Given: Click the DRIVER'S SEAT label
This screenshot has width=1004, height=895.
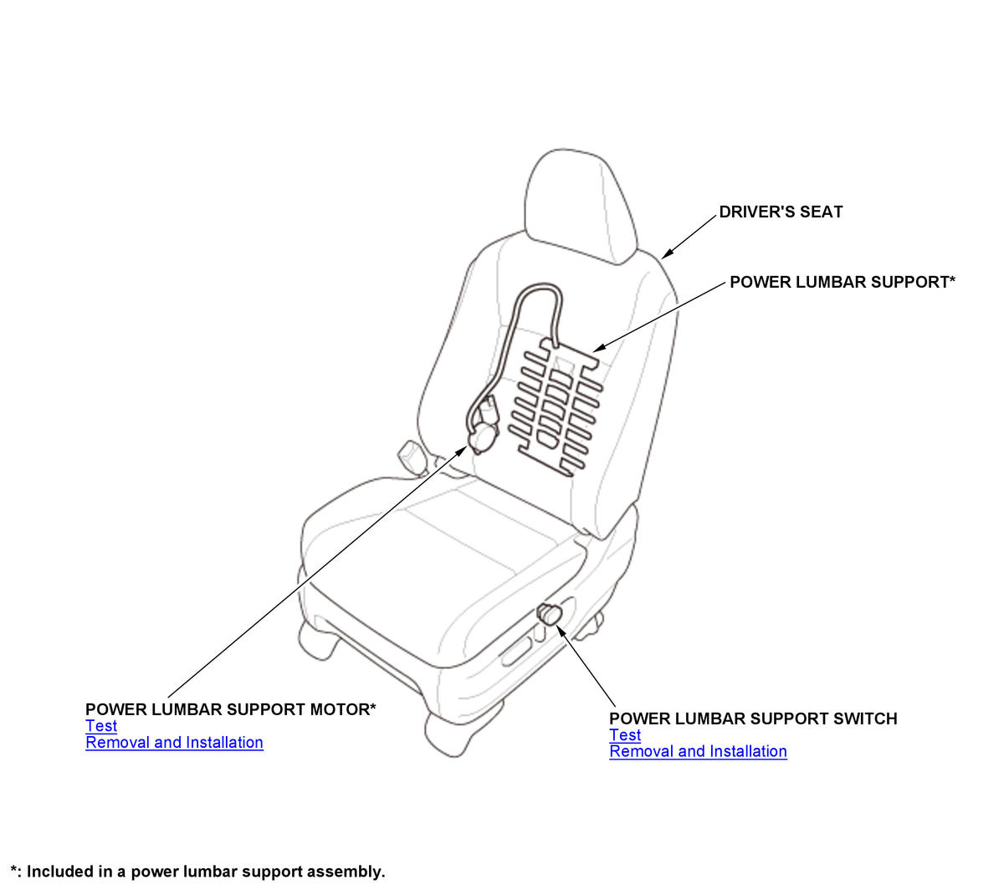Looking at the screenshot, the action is click(781, 212).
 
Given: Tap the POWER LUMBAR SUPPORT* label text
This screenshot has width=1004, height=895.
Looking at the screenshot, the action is click(843, 283).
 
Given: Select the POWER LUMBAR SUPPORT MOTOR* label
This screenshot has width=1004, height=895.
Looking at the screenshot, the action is click(230, 709).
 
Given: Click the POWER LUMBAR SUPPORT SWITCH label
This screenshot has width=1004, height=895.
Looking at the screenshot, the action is click(753, 719).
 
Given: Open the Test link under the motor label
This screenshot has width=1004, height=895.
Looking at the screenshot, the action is click(101, 726).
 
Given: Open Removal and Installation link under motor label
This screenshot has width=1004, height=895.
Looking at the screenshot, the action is click(174, 743).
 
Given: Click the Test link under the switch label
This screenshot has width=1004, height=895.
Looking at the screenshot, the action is click(625, 735).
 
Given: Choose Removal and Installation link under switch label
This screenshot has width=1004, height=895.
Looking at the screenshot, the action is click(698, 752).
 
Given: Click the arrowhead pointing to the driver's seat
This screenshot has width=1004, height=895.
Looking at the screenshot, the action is click(667, 253).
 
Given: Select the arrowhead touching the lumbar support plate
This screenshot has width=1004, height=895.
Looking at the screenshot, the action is click(600, 348).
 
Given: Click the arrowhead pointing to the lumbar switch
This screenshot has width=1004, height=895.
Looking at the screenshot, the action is click(561, 631).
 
